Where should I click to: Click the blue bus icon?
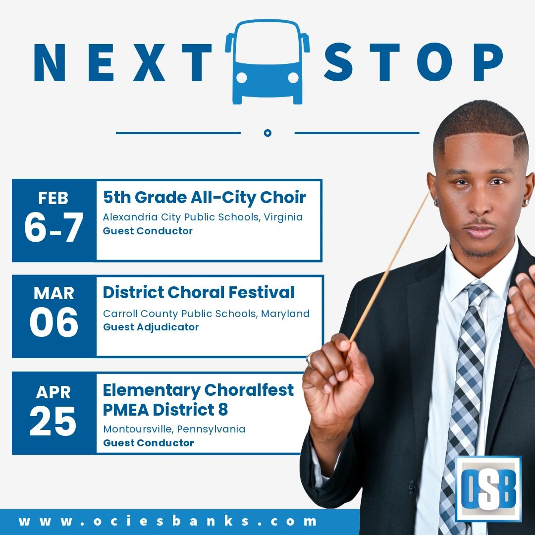tap(267, 62)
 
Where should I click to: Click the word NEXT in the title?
tap(123, 63)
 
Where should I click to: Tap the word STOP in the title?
tap(413, 62)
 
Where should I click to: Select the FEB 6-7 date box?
tap(54, 220)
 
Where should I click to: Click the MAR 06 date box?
tap(54, 316)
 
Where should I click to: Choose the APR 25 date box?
tap(54, 413)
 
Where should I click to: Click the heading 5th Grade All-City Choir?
tap(205, 198)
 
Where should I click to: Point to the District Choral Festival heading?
tap(199, 292)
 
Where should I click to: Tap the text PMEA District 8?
tap(165, 410)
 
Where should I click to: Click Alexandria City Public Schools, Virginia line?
tap(203, 217)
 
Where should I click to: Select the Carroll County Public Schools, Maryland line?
tap(206, 314)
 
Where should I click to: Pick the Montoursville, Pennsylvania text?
tap(174, 429)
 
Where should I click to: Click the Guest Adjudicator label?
tap(151, 327)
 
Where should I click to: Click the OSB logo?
tap(488, 488)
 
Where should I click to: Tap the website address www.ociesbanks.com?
tap(167, 521)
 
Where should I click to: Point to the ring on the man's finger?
tap(310, 360)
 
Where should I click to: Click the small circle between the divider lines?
tap(267, 133)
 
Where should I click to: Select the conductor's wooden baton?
tap(389, 266)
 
